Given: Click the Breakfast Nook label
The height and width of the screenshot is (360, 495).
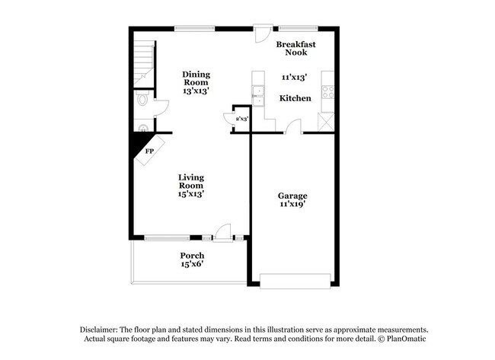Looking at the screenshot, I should (295, 48).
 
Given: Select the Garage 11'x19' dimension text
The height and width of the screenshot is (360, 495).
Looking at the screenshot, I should (292, 205).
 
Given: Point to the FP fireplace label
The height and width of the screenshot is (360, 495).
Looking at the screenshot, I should (150, 151).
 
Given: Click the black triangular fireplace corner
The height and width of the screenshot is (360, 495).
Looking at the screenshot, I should (140, 141).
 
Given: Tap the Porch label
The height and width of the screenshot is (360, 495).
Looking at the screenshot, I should (191, 255).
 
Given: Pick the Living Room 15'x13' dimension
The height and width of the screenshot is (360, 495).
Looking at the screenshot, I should (191, 193).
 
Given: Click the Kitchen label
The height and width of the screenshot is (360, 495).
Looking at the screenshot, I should (295, 98).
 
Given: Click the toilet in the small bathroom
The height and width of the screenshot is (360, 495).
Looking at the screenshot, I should (142, 100).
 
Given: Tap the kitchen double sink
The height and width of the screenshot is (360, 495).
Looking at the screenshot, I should (257, 95).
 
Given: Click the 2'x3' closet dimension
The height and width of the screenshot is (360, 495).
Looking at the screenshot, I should (242, 119).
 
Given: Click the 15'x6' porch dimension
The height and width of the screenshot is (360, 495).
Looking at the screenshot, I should (191, 264).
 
